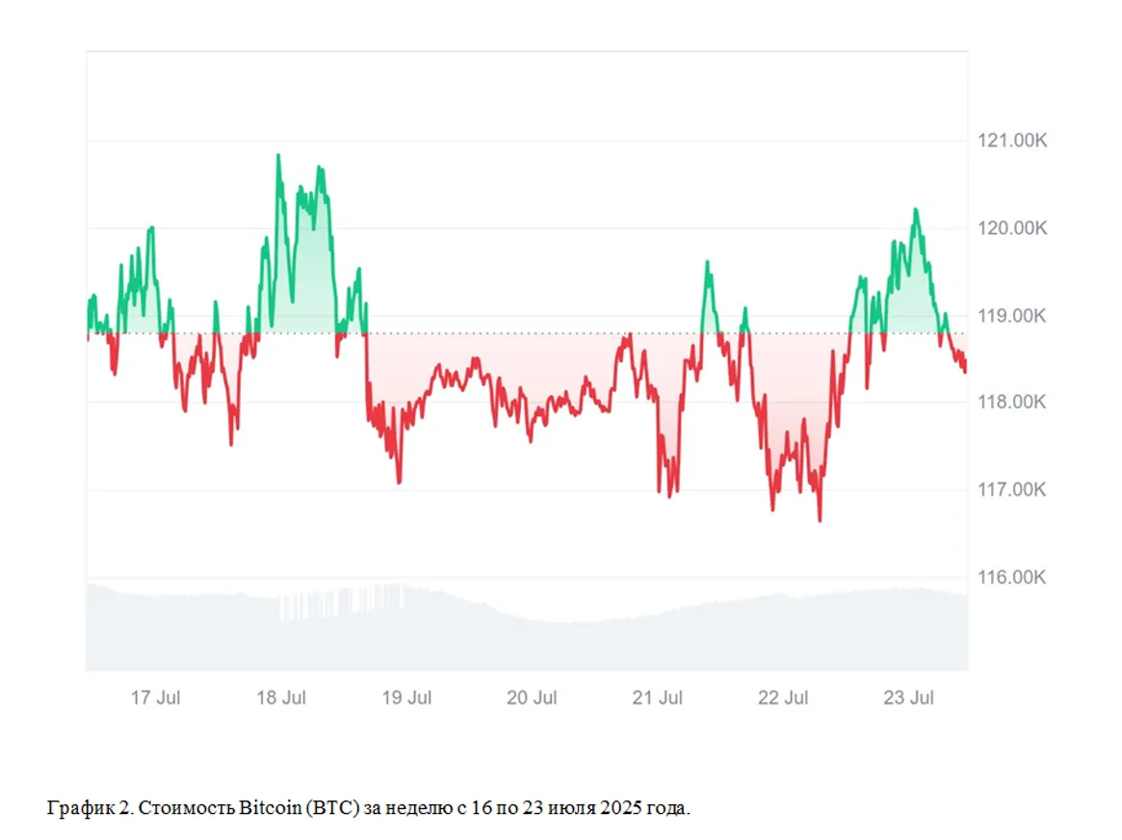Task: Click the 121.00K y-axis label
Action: coord(1005,142)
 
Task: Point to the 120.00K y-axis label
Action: coord(1005,228)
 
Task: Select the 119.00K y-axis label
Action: coord(1005,316)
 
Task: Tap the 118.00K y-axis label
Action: coord(1005,403)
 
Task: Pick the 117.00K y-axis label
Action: coord(1005,490)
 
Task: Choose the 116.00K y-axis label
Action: coord(1005,577)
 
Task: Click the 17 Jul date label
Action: coord(155,698)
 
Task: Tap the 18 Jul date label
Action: coord(281,698)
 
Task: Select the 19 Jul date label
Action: coord(406,698)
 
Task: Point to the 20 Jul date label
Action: coord(532,698)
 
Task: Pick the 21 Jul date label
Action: coord(658,698)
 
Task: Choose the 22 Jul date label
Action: coord(783,698)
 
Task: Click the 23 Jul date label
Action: coord(908,698)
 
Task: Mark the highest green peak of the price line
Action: coord(278,155)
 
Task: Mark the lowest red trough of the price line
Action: coord(820,520)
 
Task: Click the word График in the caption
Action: coord(73,808)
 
